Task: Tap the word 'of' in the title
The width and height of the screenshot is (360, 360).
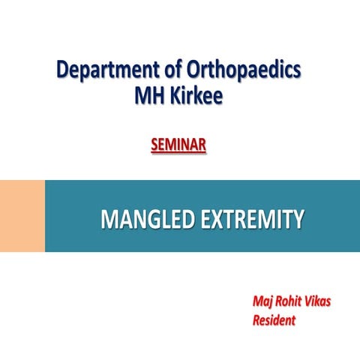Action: pyautogui.click(x=167, y=71)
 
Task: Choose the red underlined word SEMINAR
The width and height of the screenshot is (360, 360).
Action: pyautogui.click(x=178, y=142)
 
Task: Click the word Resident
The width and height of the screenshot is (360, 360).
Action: pyautogui.click(x=274, y=320)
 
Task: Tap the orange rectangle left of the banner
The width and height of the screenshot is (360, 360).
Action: pyautogui.click(x=22, y=216)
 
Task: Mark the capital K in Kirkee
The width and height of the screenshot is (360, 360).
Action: pyautogui.click(x=175, y=98)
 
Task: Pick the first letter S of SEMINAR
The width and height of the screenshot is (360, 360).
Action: pyautogui.click(x=154, y=142)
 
